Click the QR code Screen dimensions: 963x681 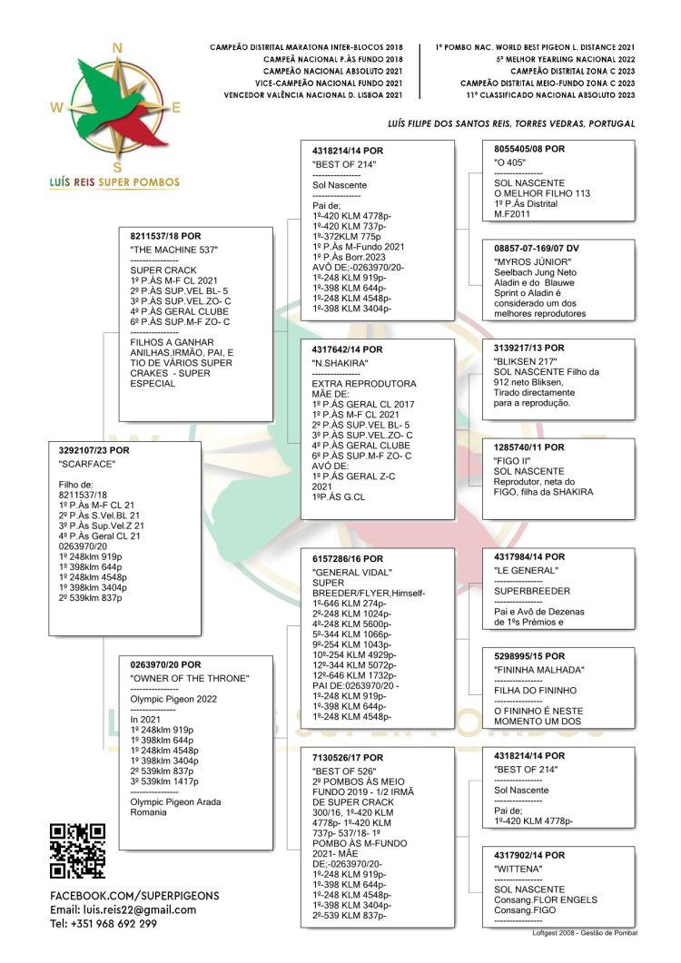pyautogui.click(x=77, y=851)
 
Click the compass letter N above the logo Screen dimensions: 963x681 pyautogui.click(x=116, y=48)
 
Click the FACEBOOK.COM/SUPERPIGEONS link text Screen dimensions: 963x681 pyautogui.click(x=134, y=895)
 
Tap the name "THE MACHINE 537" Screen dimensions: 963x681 pyautogui.click(x=174, y=249)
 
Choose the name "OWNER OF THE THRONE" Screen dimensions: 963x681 pyautogui.click(x=190, y=678)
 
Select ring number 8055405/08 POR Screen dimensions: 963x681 pyautogui.click(x=529, y=148)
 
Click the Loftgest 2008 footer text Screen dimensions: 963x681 pyautogui.click(x=585, y=932)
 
